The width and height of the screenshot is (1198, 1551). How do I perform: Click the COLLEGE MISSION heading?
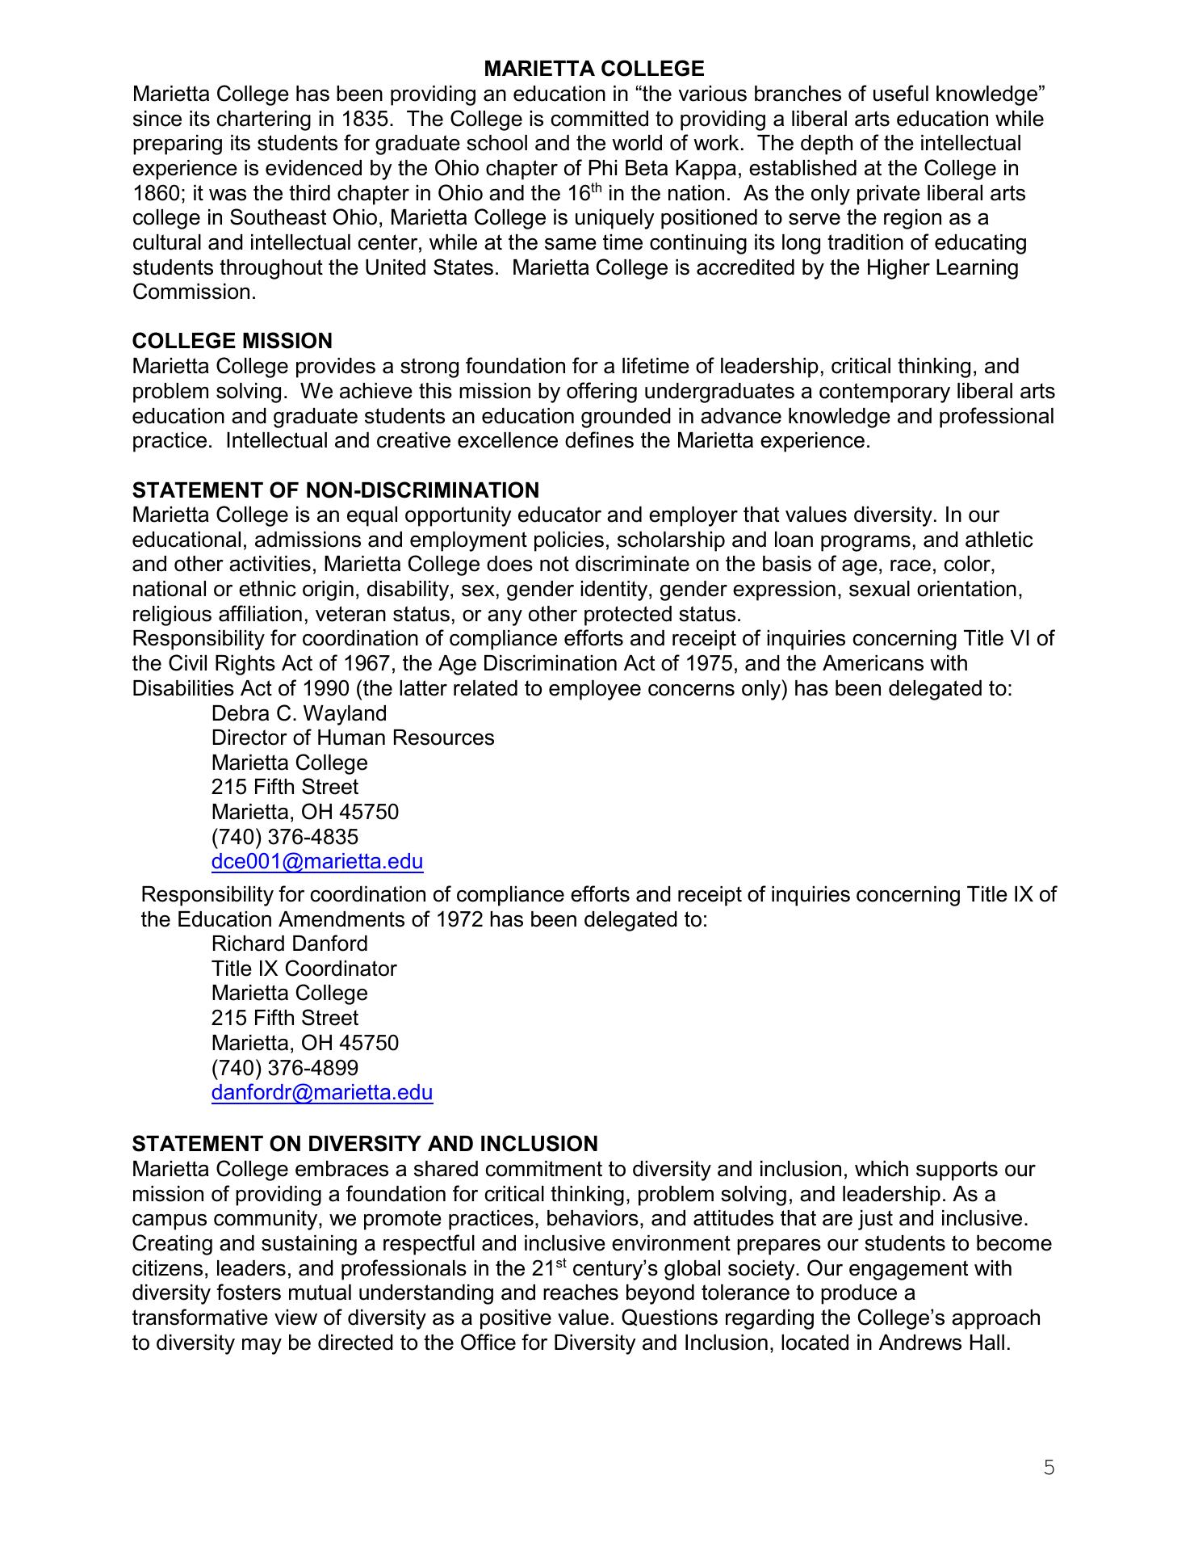click(232, 341)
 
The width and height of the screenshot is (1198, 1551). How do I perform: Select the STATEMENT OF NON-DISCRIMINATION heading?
click(336, 490)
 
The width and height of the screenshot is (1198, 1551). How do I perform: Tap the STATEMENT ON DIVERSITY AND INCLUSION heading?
click(365, 1144)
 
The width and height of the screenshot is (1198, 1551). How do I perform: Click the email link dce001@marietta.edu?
click(317, 862)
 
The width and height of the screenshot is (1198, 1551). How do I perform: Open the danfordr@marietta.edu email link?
click(322, 1093)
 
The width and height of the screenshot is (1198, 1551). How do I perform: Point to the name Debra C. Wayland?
click(299, 713)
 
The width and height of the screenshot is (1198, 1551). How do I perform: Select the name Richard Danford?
click(289, 944)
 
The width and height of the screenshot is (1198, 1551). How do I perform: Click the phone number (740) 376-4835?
click(285, 837)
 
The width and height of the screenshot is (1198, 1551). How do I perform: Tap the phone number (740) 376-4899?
click(285, 1068)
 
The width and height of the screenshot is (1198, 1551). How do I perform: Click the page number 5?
click(1049, 1468)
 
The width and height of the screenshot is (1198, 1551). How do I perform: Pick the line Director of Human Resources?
click(353, 738)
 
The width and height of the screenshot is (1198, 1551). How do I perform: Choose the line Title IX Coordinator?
click(304, 969)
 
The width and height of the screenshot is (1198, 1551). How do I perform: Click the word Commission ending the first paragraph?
click(193, 292)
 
